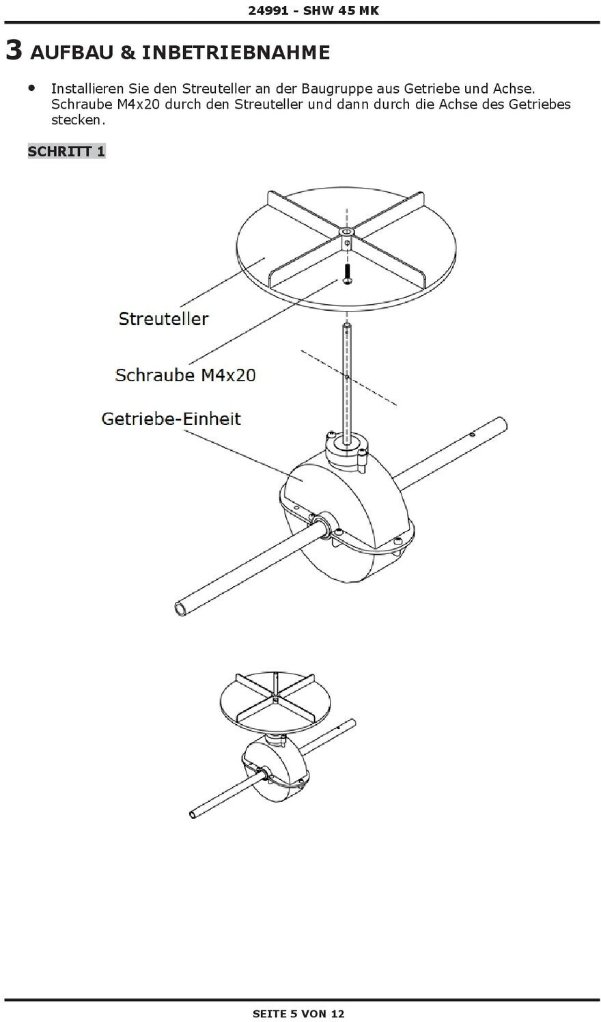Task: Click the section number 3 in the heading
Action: (14, 51)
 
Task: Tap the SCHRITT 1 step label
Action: (66, 151)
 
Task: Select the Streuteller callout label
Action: (163, 318)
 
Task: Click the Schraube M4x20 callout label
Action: (185, 374)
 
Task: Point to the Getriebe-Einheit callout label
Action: (171, 418)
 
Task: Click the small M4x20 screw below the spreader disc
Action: (347, 275)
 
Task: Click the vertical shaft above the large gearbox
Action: (348, 383)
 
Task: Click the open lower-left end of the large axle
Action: (181, 607)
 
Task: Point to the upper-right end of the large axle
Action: (501, 425)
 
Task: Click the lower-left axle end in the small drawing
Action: (195, 814)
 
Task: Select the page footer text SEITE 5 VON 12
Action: (298, 1014)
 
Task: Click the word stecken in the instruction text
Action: (78, 120)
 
